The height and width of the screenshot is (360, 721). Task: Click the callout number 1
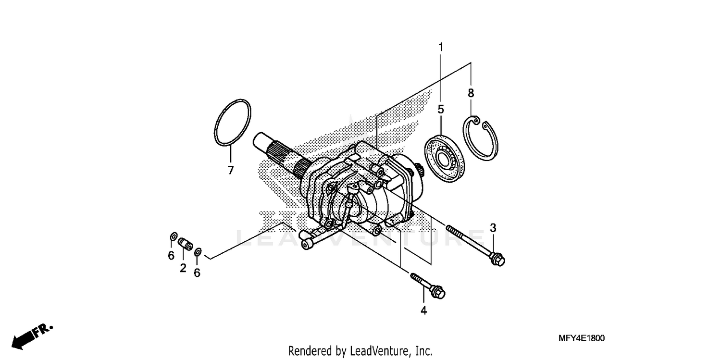440,47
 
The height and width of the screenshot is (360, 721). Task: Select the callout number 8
471,93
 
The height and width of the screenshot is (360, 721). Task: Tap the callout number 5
441,109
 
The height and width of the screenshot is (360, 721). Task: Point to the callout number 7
230,170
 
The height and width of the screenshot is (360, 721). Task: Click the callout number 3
493,228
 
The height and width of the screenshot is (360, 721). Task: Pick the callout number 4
423,310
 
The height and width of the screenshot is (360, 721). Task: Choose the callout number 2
183,268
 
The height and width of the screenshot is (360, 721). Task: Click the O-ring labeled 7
232,122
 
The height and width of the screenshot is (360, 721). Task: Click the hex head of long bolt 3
497,260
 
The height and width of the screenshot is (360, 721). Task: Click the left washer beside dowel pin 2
173,237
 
